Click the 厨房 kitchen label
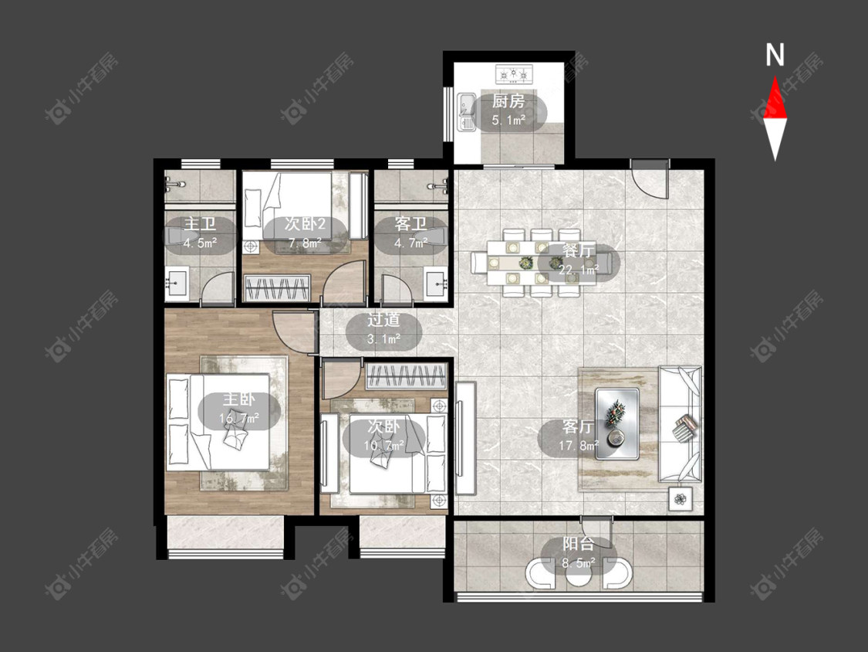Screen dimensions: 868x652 tap(508, 101)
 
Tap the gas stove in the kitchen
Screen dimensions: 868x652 tap(515, 73)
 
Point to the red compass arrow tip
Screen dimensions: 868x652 tap(775, 76)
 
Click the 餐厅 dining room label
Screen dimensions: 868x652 tap(578, 251)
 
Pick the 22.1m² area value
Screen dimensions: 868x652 tap(579, 270)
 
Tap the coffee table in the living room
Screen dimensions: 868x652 tap(616, 424)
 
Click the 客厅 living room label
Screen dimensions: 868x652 tap(578, 426)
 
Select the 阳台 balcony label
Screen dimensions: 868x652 tap(579, 545)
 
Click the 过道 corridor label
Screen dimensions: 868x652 tap(383, 320)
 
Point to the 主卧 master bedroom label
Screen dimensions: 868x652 tap(239, 399)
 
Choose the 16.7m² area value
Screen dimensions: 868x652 tap(239, 418)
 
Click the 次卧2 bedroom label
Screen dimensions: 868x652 tap(305, 224)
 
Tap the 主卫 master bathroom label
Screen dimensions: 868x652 tap(200, 224)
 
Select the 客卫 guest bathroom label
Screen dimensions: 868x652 tap(410, 224)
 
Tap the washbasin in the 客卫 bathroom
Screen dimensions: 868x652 tap(436, 283)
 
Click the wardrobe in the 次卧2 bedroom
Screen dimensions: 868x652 tap(276, 288)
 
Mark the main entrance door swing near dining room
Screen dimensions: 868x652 tap(650, 179)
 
